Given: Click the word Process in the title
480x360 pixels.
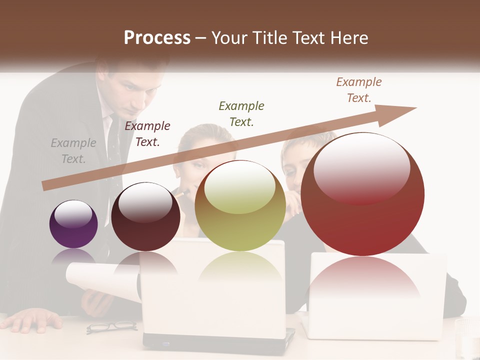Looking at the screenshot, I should click(x=157, y=38).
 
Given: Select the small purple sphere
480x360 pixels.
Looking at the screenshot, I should click(x=73, y=224).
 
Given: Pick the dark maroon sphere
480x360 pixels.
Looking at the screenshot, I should click(x=145, y=216).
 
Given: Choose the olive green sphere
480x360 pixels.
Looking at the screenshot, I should click(x=240, y=205).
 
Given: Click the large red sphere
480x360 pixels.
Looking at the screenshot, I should click(x=363, y=194).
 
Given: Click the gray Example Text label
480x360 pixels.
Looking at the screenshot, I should click(x=73, y=151).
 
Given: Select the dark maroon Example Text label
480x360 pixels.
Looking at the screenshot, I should click(x=147, y=134).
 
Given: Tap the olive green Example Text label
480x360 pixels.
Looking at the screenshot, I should click(x=241, y=113).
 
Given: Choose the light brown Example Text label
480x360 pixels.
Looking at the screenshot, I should click(x=359, y=90).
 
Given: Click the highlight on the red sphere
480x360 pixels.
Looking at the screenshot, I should click(x=361, y=167).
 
